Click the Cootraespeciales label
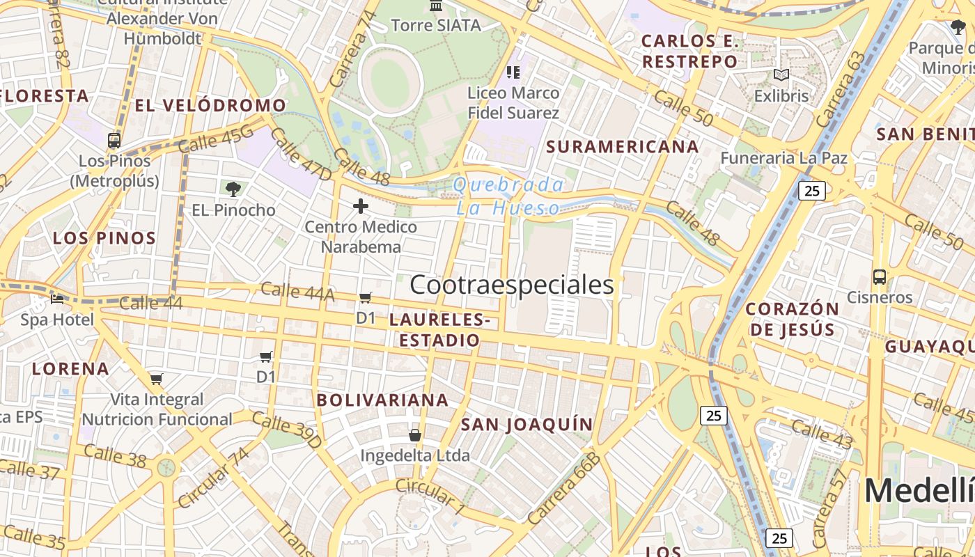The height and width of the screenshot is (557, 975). coord(512,285)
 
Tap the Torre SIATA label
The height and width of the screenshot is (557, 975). coord(436,26)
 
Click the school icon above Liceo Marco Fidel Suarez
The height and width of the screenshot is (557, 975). coord(513,72)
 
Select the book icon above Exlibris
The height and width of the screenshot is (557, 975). coord(781,74)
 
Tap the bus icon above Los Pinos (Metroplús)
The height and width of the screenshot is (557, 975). coord(114,140)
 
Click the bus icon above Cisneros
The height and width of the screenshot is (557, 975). coord(880,276)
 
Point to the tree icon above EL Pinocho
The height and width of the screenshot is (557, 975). coord(233,189)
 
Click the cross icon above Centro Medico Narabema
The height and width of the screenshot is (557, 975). coord(361,206)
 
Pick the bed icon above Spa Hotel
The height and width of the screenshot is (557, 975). coord(57,299)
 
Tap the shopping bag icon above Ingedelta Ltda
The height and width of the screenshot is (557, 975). coord(415,435)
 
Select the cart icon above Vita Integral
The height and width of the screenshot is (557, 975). coord(156,379)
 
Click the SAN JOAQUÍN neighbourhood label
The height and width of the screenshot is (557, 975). coord(526,424)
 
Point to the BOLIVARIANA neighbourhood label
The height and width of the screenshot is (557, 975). coord(382,400)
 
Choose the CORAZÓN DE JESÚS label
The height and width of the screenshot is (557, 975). coord(793,319)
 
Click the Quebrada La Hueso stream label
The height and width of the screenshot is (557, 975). coord(508,196)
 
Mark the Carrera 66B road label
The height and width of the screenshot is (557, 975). coord(563,488)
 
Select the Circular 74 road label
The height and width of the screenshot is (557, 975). coord(212,478)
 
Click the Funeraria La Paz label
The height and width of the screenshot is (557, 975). coord(783,158)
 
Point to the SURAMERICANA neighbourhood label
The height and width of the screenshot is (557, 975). coord(623,146)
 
